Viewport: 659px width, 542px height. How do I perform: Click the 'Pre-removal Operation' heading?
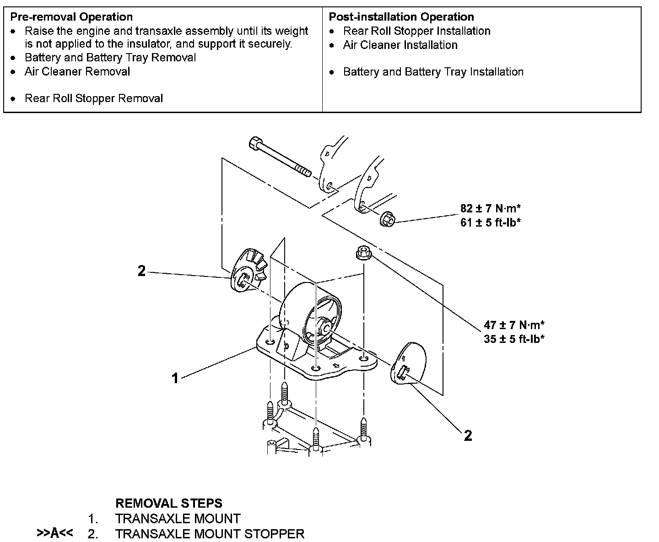click(71, 17)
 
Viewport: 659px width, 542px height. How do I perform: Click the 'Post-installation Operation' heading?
click(401, 17)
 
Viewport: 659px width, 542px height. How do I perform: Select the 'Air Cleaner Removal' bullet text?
click(77, 72)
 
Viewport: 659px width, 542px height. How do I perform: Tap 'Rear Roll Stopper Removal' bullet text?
click(94, 98)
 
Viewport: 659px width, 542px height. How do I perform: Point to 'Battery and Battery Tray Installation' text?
click(433, 72)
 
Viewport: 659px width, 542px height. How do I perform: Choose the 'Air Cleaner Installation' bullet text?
click(400, 45)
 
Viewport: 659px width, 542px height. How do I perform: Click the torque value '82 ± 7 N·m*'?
click(491, 209)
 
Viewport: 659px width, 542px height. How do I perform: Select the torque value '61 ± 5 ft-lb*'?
click(491, 223)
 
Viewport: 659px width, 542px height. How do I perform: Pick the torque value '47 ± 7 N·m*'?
click(514, 325)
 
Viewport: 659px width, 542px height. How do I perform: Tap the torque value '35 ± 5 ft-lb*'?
click(514, 339)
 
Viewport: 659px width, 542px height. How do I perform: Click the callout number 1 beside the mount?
click(175, 378)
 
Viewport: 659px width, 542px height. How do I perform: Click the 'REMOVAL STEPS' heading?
click(168, 504)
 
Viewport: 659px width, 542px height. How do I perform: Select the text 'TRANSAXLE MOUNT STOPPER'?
click(210, 534)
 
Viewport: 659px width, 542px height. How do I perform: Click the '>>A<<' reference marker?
click(55, 533)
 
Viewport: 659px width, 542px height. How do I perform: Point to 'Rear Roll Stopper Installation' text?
click(417, 31)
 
